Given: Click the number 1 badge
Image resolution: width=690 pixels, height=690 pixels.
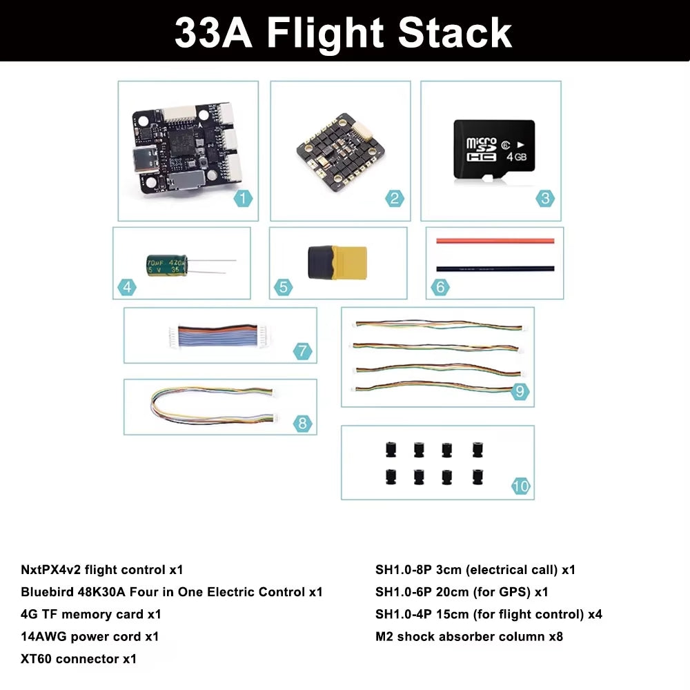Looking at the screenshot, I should pos(242,199).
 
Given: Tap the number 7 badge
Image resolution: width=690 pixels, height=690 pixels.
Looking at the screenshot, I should pos(302,351).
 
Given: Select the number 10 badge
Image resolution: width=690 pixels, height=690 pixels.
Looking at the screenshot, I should pos(521,486).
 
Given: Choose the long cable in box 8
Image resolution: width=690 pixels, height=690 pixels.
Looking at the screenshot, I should pos(214,407).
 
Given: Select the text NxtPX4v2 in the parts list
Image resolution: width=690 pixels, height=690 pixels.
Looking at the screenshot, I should pos(52,570).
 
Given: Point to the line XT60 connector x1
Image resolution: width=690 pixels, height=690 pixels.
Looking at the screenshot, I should pos(79,659).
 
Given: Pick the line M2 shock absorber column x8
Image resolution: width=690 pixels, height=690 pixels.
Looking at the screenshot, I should pos(469,636).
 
